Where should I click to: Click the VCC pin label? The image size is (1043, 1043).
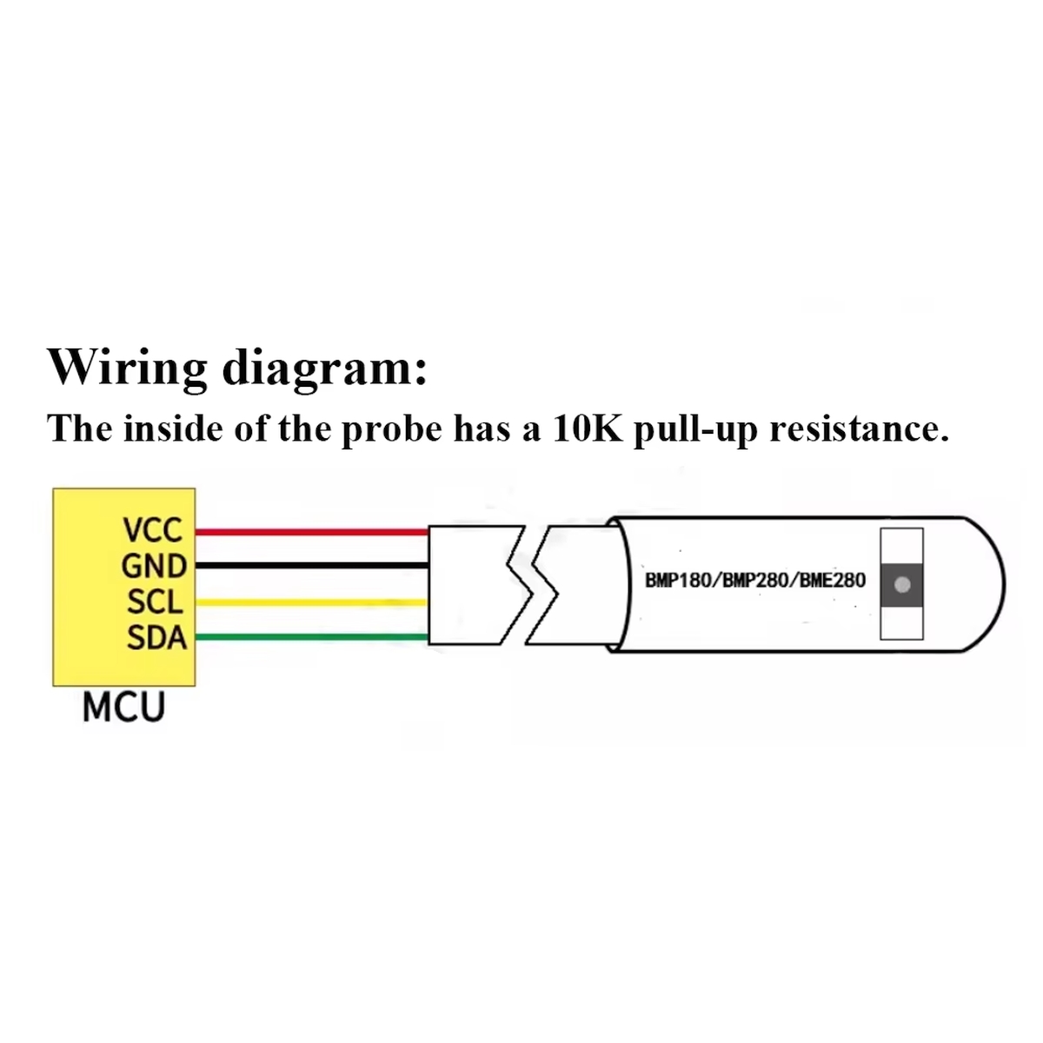coord(153,530)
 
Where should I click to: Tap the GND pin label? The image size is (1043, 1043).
coord(154,567)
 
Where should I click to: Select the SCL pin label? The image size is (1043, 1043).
coord(156,601)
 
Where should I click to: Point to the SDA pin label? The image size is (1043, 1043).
coord(157,637)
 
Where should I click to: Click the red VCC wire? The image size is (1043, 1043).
coord(312,532)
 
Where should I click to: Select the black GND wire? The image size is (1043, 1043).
coord(312,566)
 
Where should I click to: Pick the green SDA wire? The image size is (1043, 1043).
coord(312,636)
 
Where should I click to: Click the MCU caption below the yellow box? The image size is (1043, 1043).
coord(124,707)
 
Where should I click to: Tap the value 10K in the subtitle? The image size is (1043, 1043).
coord(587,428)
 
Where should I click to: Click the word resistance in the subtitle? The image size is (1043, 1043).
coord(860,428)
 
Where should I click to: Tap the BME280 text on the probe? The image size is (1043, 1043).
coord(833,581)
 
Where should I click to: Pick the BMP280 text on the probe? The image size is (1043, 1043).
coord(754,581)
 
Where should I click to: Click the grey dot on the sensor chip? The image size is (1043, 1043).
coord(901,585)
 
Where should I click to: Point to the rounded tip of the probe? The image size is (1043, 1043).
coord(1005,585)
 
